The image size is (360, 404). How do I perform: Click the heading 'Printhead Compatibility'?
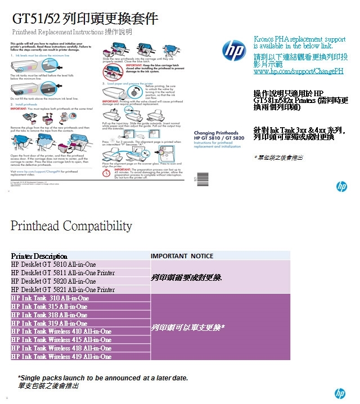[71, 226]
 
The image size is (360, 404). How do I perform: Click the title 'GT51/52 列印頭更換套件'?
[85, 19]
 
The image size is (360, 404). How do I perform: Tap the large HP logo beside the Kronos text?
[234, 50]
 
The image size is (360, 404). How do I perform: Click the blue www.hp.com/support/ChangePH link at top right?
[298, 71]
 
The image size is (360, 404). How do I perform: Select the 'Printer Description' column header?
[39, 256]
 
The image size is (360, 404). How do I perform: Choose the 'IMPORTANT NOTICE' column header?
[182, 256]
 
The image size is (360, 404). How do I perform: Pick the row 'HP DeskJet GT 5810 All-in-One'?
[53, 264]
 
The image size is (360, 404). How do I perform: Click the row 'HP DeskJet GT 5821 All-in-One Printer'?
[63, 290]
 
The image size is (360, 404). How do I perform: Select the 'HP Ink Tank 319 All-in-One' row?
[49, 324]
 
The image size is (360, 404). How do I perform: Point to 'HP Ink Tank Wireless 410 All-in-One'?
[61, 331]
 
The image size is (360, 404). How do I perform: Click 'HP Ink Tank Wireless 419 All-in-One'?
[61, 357]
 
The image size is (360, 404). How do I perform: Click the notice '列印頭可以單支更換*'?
[188, 327]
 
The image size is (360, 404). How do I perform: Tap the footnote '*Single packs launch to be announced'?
[102, 378]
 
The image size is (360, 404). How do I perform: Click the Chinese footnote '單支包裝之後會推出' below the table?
[48, 386]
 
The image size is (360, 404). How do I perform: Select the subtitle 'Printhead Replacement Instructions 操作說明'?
[71, 32]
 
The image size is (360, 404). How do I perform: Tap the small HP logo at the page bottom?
[340, 393]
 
